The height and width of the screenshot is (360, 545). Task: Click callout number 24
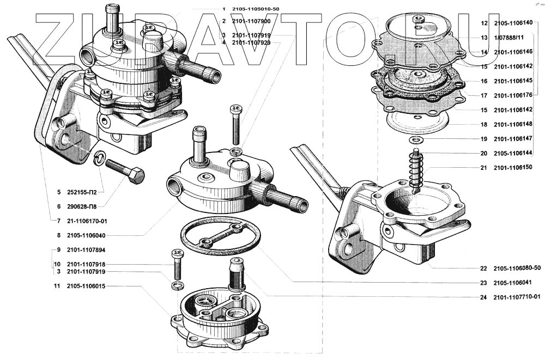point(483,297)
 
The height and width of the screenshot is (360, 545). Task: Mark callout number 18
point(483,124)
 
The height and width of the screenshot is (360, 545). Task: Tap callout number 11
point(57,286)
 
